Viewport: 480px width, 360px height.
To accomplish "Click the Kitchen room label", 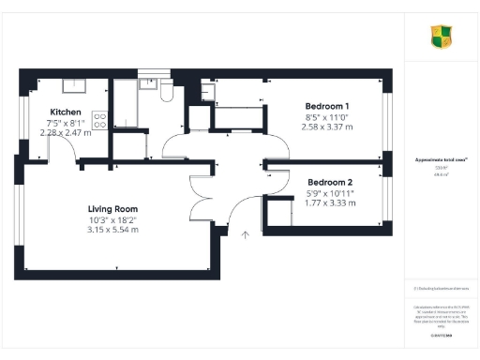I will (53, 111).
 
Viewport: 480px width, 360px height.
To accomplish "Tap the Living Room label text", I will (112, 208).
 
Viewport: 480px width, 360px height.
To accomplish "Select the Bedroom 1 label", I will (327, 106).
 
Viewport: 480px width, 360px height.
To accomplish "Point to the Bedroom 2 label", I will (330, 182).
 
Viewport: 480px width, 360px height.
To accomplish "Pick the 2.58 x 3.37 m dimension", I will (327, 127).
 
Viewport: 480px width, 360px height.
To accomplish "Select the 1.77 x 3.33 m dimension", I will (330, 202).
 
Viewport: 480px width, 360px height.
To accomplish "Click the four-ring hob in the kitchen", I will (98, 119).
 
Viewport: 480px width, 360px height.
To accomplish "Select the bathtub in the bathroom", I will (125, 105).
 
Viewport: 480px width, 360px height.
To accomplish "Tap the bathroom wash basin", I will (148, 84).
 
